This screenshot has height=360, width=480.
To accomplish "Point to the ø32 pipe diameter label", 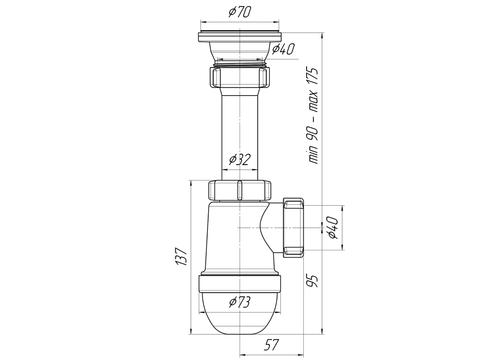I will pos(239,160).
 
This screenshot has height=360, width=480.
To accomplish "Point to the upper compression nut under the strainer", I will pos(240,77).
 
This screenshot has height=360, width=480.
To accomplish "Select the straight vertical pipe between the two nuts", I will pos(240,127).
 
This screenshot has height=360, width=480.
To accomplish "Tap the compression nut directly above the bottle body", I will pos(240,190).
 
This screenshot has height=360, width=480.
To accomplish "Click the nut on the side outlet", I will pos(293,227).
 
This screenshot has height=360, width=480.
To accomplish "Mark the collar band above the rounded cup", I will pos(240,284).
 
